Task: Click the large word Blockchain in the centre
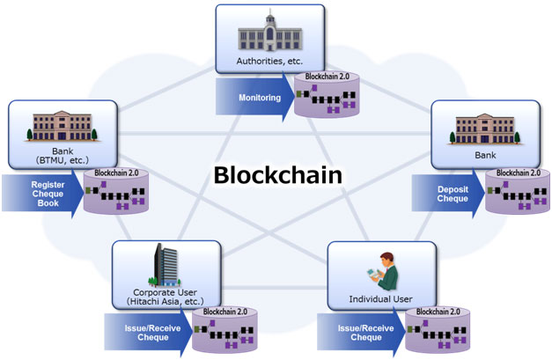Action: (277, 175)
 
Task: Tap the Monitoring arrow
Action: (255, 97)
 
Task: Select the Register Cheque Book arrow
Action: (43, 194)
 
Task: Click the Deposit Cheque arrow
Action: (448, 194)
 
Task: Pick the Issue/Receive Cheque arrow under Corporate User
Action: (149, 332)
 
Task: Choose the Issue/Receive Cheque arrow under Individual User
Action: (362, 332)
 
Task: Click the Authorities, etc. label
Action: (269, 62)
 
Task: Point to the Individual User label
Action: (380, 299)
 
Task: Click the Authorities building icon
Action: (270, 31)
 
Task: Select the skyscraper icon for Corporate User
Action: (165, 265)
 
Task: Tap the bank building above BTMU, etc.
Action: (62, 126)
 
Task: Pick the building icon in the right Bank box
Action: (485, 129)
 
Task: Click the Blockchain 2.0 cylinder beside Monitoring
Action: (327, 94)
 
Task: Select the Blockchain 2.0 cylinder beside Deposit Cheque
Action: (518, 191)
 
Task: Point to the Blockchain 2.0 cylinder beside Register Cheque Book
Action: (116, 191)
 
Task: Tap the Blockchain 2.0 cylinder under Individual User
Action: (438, 330)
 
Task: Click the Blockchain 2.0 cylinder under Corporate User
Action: (224, 330)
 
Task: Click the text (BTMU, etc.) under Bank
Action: (63, 160)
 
